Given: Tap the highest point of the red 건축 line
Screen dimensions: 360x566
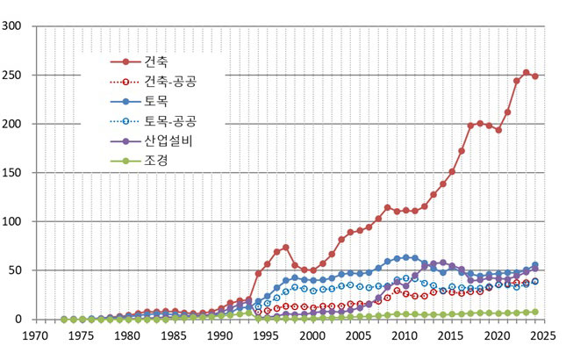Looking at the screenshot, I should click(x=526, y=72).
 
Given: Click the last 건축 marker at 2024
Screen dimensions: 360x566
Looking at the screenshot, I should click(x=534, y=76).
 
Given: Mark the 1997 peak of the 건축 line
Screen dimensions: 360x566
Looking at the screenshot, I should click(x=285, y=248).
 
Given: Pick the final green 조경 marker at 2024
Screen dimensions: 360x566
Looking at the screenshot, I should click(x=534, y=312).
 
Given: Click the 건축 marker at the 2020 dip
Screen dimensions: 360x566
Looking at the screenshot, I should click(x=498, y=130).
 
